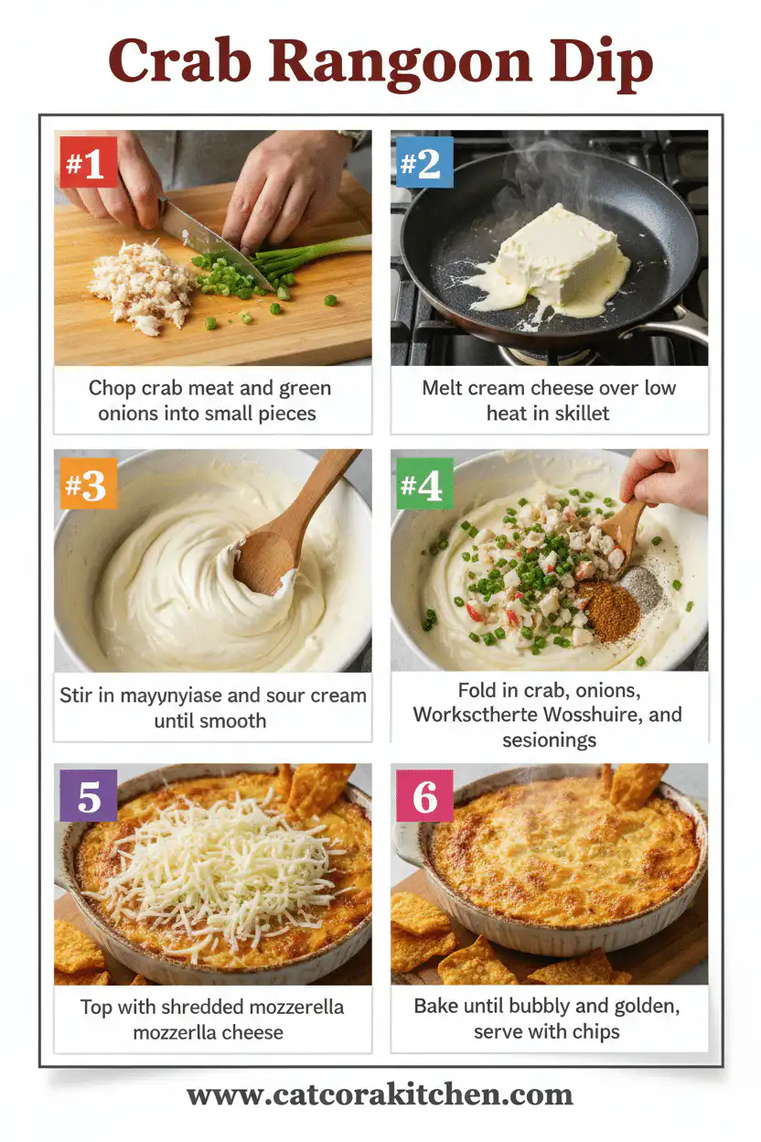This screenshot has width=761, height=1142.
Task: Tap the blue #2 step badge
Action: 424,163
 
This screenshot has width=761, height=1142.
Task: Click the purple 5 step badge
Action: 89,796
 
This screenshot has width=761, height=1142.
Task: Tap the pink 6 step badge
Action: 424,796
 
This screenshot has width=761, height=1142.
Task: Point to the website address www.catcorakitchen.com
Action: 380,1094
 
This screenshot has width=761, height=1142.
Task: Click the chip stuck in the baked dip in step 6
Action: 638,782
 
